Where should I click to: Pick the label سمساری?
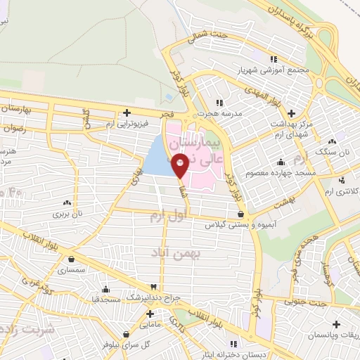pos(71,269)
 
